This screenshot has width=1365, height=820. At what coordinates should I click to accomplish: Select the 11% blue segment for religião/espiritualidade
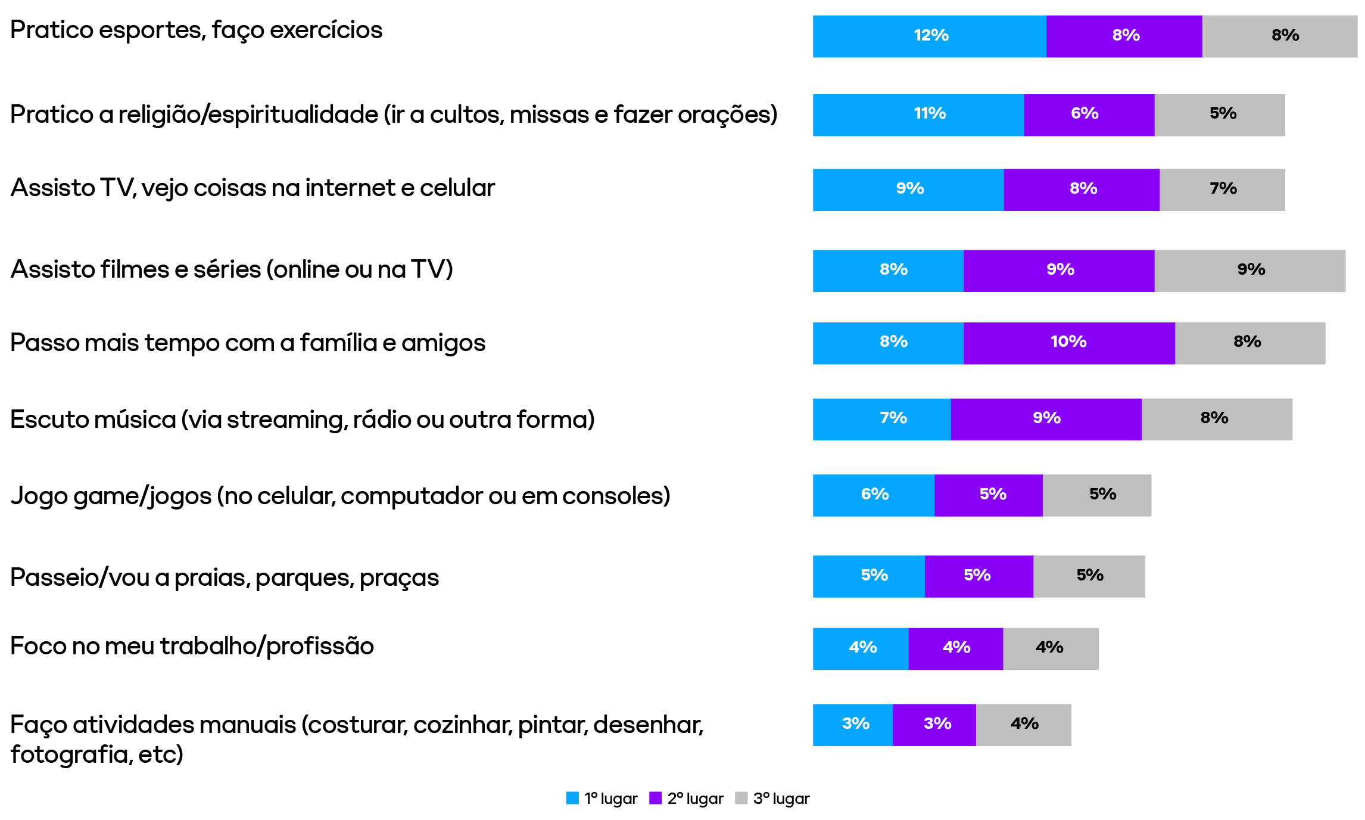point(918,115)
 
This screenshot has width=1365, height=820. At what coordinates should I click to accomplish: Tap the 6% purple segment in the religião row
point(1089,115)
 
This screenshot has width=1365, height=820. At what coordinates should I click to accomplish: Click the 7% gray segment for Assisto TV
point(1222,190)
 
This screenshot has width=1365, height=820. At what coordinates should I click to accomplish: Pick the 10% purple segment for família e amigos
point(1069,343)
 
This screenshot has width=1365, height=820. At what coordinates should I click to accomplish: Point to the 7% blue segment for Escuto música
point(881,420)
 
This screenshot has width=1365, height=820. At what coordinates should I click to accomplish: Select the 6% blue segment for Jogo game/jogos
point(873,495)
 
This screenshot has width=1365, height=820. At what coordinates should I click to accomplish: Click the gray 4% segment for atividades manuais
point(1024,725)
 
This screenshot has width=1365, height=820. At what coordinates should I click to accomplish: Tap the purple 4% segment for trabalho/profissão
point(955,649)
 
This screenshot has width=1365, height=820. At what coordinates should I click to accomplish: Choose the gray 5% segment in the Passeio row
point(1089,576)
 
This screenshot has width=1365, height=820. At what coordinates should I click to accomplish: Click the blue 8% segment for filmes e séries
point(887,271)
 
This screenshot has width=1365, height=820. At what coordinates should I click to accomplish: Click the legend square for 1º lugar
point(572,798)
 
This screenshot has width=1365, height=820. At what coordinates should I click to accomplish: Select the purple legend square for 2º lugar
point(655,798)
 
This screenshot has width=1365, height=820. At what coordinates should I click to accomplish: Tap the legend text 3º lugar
point(781,799)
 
